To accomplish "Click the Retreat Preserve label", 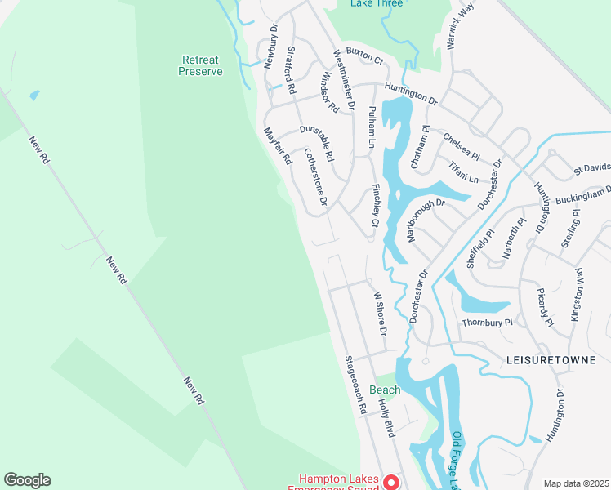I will pyautogui.click(x=200, y=65).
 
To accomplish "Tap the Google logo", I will pyautogui.click(x=27, y=480).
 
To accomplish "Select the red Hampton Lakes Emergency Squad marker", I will pyautogui.click(x=391, y=482).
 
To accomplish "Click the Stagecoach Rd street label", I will pyautogui.click(x=354, y=385).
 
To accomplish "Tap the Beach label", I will pyautogui.click(x=385, y=390).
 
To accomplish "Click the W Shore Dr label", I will pyautogui.click(x=380, y=314).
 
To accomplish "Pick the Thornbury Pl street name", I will pyautogui.click(x=487, y=323).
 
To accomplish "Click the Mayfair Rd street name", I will pyautogui.click(x=277, y=146).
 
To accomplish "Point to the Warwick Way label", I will pyautogui.click(x=461, y=25).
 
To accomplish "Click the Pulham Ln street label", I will pyautogui.click(x=371, y=127).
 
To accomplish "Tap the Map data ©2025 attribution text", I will pyautogui.click(x=576, y=483).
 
